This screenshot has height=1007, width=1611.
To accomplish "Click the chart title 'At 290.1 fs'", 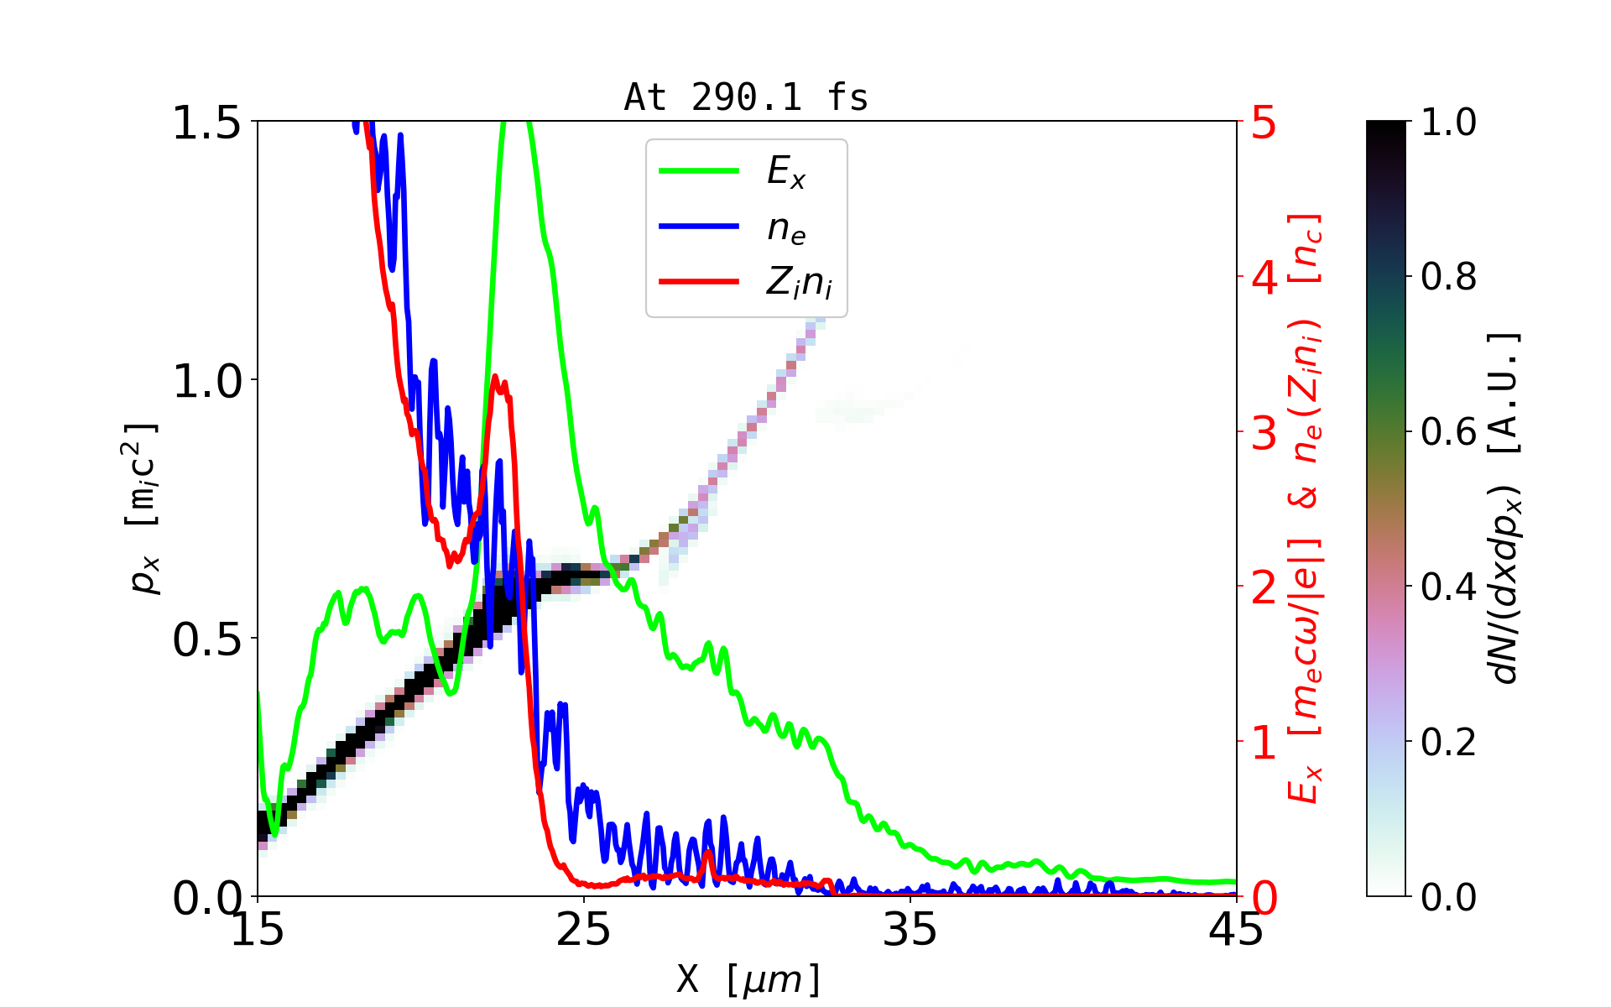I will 746,97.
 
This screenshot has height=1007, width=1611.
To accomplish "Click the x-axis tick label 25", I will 584,930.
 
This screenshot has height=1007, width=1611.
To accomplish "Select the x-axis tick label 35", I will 910,930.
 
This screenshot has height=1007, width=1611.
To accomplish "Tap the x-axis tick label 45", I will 1236,930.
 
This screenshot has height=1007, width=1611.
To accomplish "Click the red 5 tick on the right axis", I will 1264,123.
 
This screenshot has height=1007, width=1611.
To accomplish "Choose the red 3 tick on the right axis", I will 1264,433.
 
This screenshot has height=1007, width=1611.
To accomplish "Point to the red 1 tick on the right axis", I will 1264,743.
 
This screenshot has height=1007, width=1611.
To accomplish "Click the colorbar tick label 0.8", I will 1448,277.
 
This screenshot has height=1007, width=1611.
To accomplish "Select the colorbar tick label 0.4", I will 1448,587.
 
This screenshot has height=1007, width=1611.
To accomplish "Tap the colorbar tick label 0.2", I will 1448,743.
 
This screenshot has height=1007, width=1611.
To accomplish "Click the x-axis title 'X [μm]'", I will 748,978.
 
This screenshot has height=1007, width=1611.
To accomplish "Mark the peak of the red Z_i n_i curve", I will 495,377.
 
